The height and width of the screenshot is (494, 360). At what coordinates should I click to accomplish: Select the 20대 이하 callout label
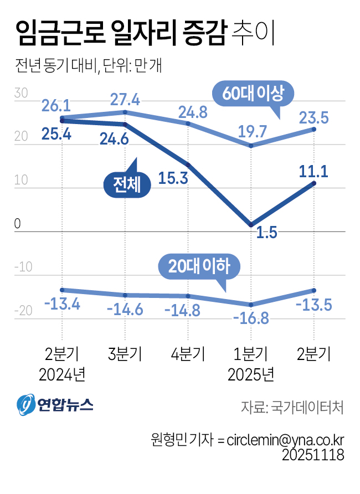coord(199,266)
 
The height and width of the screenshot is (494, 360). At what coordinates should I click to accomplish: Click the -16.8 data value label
coord(250,319)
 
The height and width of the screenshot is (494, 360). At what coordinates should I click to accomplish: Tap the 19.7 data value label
coord(252,132)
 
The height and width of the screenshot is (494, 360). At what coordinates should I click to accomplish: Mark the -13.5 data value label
coord(313,306)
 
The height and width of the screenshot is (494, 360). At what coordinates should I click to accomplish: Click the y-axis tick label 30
coord(22,94)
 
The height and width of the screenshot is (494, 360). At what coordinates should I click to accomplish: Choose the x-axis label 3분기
coord(125,353)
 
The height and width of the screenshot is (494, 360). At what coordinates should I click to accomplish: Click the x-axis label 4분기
coord(188,353)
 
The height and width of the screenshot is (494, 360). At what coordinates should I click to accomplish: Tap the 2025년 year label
coord(251,375)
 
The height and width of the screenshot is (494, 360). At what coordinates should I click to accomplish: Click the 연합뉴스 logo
coord(55,405)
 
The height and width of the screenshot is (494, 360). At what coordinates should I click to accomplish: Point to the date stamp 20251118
coord(313,455)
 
